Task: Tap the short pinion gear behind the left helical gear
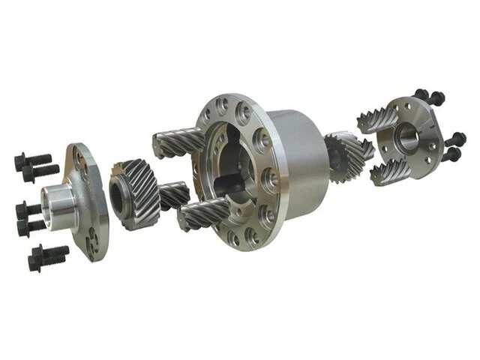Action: pos(175,196)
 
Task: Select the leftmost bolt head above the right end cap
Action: pos(422,95)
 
